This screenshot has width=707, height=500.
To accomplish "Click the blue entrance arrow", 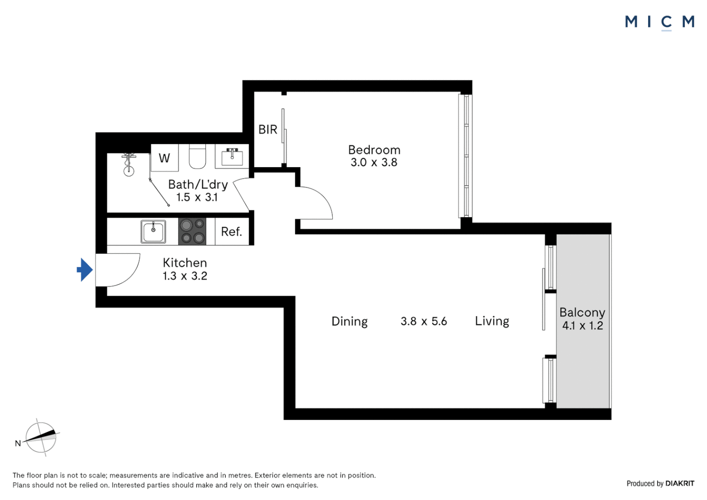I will [x=85, y=269].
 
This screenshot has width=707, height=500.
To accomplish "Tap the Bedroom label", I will [x=374, y=150].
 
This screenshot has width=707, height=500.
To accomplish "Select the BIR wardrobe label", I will [x=267, y=130].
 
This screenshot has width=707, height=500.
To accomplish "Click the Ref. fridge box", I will [x=231, y=231].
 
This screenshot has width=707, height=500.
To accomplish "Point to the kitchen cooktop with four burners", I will [x=192, y=231].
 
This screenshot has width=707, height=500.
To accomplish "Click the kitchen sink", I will [x=153, y=231].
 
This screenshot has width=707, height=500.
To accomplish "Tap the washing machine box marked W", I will [x=164, y=158].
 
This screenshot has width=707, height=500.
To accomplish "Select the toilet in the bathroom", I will [x=198, y=157].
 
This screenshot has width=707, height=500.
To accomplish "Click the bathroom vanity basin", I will [x=232, y=157].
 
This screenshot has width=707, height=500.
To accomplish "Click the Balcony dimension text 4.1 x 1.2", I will [x=582, y=326].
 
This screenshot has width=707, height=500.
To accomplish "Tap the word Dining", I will [x=349, y=321].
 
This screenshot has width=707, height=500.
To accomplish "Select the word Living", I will [x=492, y=321].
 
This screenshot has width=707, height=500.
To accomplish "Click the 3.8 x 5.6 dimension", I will [x=423, y=321].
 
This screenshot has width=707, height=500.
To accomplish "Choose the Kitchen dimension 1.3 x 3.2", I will [x=185, y=276].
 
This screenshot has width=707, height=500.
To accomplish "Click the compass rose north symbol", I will [x=41, y=437].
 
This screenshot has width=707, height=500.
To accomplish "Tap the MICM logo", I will [x=659, y=22].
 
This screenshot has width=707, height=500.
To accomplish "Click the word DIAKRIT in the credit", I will [x=680, y=483].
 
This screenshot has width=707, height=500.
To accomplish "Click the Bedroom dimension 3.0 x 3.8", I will [x=374, y=162].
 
